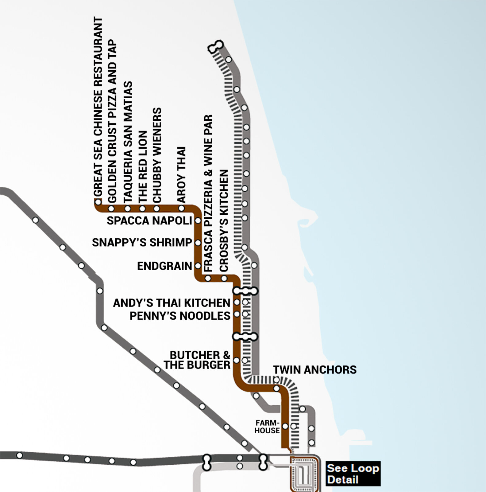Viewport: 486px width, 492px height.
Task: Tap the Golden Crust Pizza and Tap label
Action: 112,121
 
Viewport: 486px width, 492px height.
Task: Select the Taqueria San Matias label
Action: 128,142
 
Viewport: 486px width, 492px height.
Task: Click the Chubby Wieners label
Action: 157,155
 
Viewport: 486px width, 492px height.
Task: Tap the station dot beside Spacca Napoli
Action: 198,221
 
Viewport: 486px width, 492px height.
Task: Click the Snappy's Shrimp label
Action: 142,243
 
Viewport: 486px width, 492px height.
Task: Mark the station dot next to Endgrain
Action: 198,266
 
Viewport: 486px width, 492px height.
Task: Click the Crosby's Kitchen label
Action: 224,221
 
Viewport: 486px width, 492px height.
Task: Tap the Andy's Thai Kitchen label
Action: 172,303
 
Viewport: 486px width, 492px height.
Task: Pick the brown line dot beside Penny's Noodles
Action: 237,314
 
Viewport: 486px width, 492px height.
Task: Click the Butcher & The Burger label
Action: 197,360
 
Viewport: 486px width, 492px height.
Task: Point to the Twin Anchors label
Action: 315,370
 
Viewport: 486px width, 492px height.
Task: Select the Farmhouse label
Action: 267,427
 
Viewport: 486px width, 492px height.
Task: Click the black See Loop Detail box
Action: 353,474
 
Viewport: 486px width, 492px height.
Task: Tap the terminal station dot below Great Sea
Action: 98,202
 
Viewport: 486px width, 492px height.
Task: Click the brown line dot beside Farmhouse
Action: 285,426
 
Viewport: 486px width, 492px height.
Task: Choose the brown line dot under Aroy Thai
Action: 181,209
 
